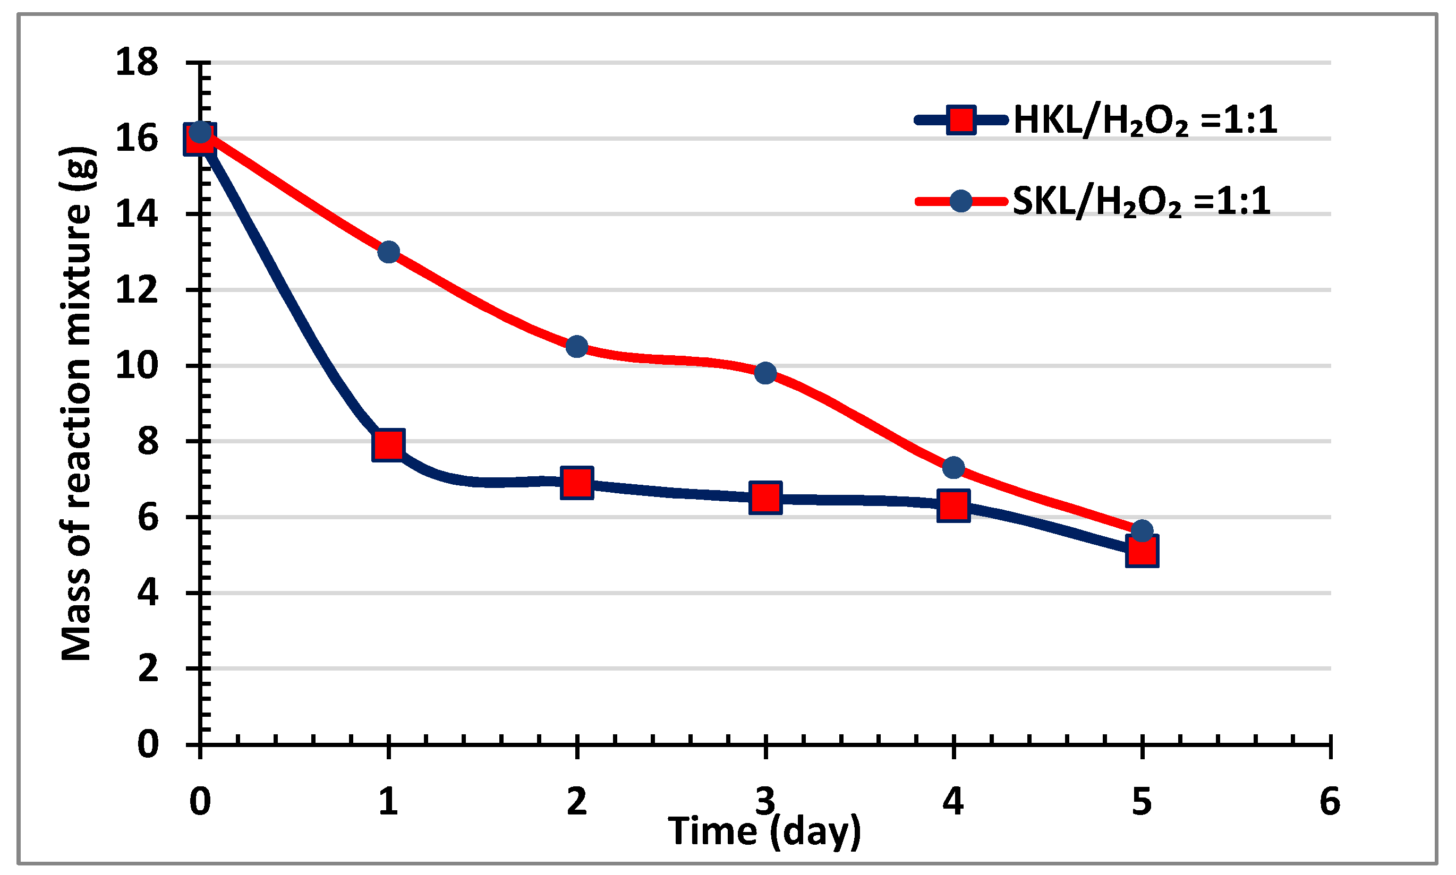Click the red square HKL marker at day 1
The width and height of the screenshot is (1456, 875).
(388, 444)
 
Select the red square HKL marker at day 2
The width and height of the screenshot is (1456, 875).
(577, 482)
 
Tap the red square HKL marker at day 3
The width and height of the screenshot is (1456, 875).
(765, 497)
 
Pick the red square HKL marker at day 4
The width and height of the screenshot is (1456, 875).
(953, 505)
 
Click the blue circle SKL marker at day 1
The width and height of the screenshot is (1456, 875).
(388, 252)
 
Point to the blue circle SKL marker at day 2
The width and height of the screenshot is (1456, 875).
(577, 347)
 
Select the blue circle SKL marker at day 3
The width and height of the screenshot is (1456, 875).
(765, 373)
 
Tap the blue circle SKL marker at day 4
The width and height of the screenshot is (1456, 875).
(953, 468)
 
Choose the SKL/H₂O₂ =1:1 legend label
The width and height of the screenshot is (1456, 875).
(1142, 201)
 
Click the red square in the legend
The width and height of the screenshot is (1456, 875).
(961, 121)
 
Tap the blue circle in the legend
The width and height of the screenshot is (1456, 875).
(961, 202)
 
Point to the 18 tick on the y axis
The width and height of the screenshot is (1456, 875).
(137, 62)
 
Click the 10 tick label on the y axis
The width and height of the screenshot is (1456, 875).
(137, 366)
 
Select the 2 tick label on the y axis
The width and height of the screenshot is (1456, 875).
(148, 668)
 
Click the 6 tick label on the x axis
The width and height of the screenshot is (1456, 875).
(1330, 802)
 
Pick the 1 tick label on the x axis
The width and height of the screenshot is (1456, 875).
(388, 802)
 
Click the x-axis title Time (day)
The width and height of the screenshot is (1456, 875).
(765, 832)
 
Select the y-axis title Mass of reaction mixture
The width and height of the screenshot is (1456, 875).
(76, 404)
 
